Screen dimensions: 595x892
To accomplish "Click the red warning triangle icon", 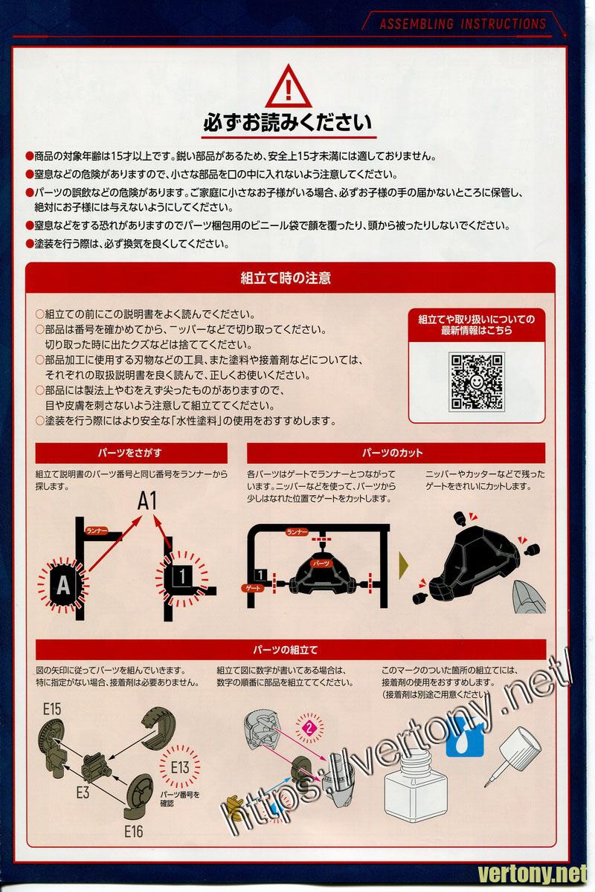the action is tap(288, 86).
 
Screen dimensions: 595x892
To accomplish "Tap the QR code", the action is tap(476, 381).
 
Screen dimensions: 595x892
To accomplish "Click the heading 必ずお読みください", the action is tap(287, 123).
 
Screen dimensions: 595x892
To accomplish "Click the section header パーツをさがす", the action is tap(131, 453).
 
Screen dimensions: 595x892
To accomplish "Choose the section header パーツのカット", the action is tap(396, 453).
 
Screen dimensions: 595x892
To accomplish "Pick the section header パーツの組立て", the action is tap(291, 650).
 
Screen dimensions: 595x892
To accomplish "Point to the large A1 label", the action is tap(147, 501).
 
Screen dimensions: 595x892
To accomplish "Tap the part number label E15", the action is tap(52, 709).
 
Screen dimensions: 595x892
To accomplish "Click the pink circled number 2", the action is tap(309, 728).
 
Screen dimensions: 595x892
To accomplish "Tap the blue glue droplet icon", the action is tap(466, 737).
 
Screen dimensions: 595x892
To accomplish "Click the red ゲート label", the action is tap(253, 588).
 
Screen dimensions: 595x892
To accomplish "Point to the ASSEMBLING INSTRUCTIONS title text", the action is tap(463, 25).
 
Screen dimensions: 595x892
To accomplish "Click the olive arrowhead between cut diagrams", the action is tap(404, 565).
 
